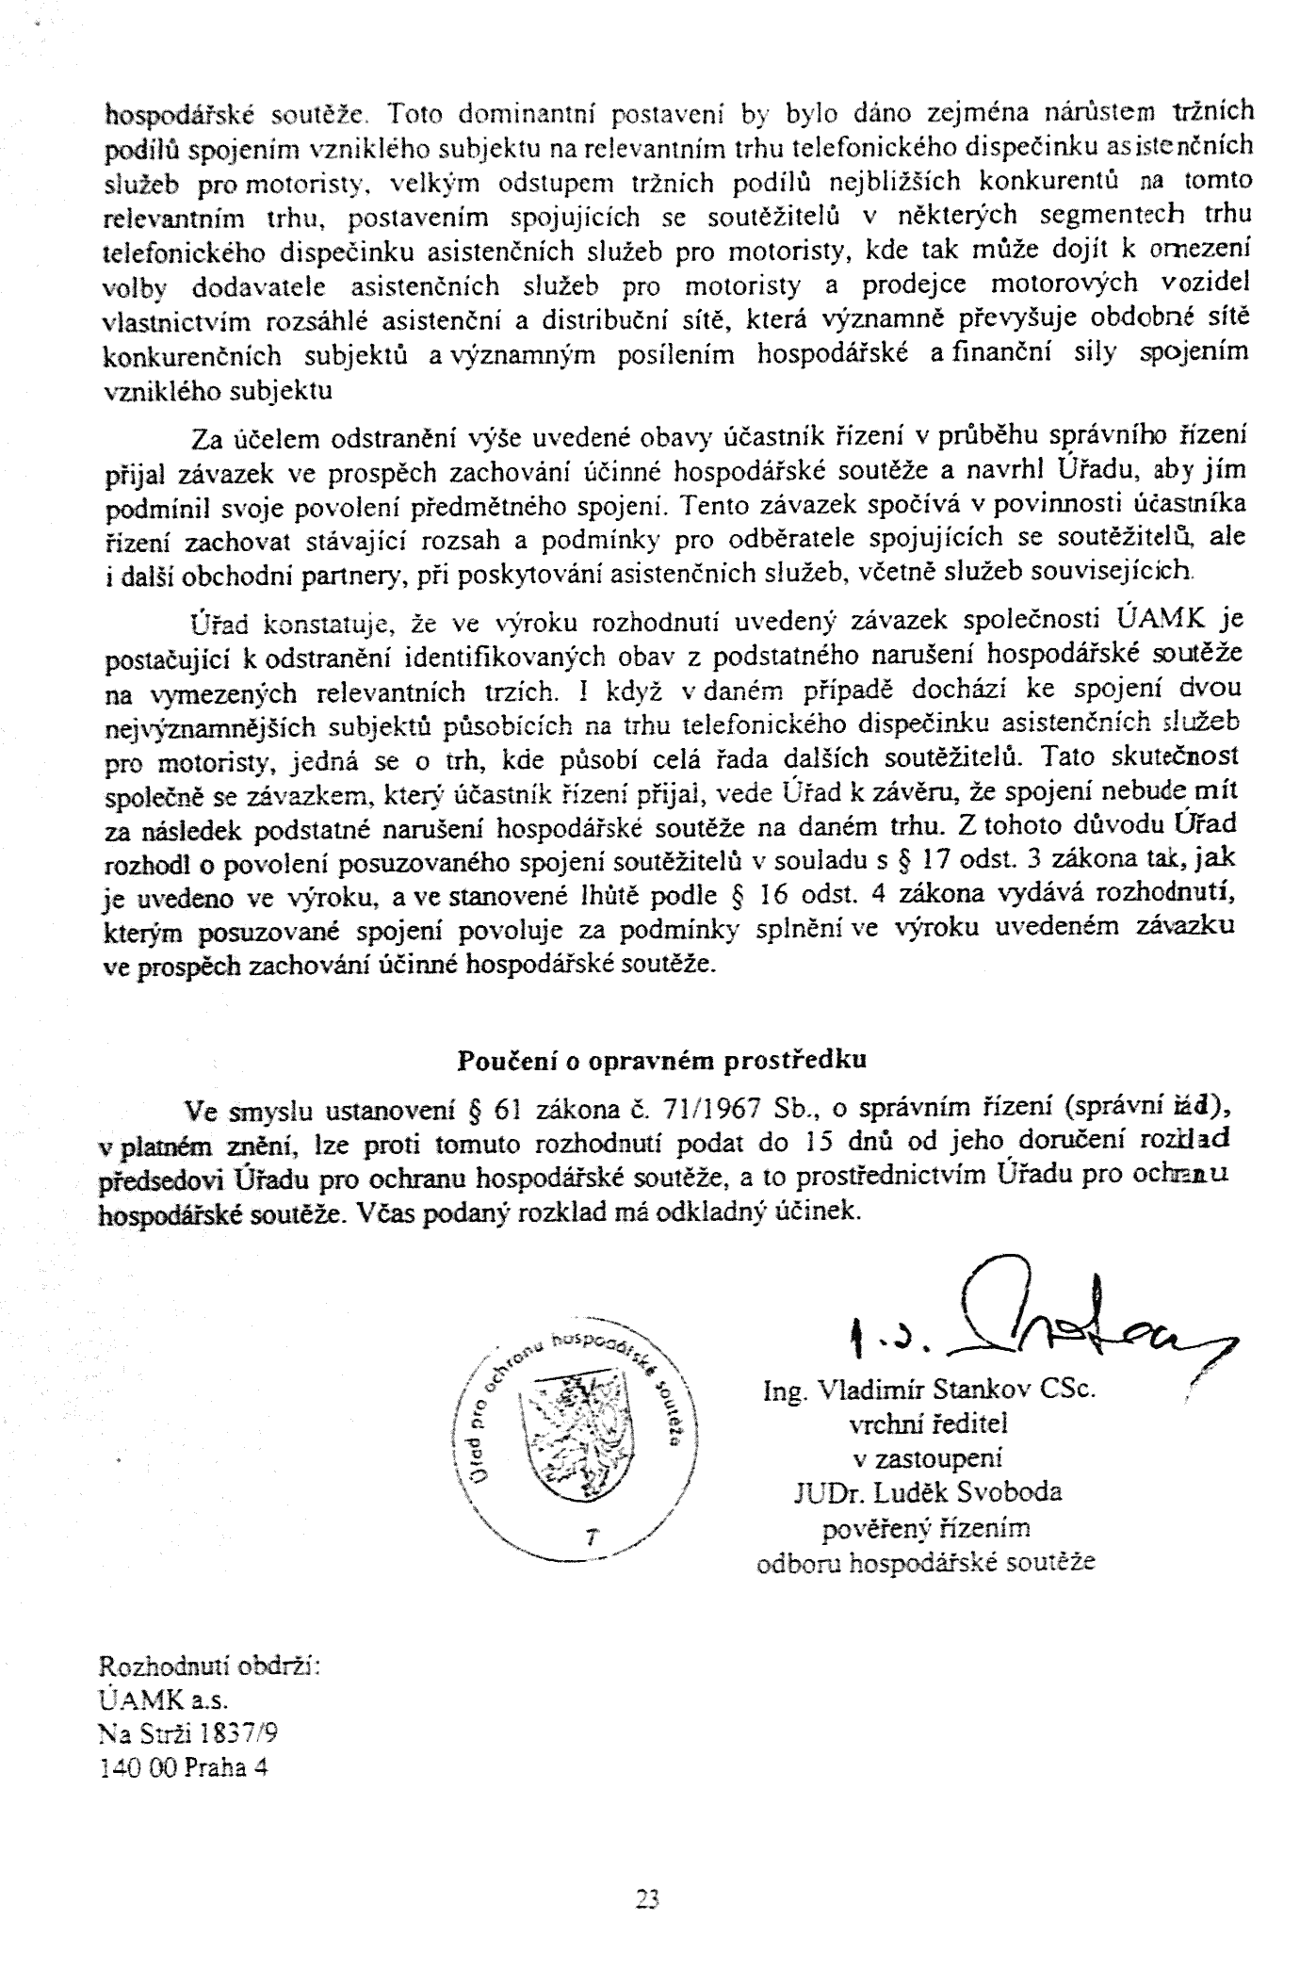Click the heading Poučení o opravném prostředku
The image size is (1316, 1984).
click(661, 1060)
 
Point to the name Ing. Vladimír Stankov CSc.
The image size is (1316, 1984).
click(929, 1390)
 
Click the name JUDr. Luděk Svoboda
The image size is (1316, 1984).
click(928, 1492)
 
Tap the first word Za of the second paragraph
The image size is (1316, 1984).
click(205, 438)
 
